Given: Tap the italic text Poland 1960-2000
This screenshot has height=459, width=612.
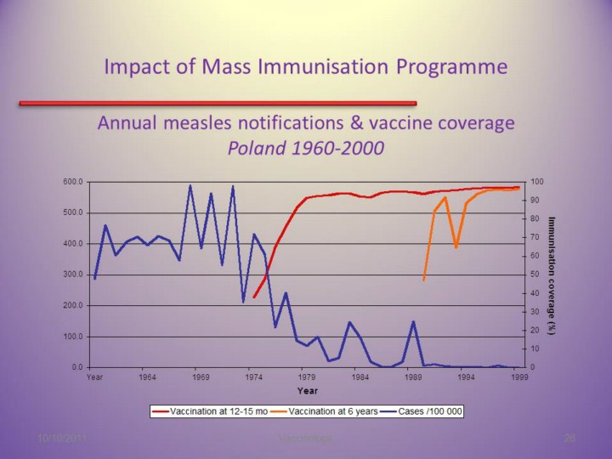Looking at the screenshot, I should coord(306,148).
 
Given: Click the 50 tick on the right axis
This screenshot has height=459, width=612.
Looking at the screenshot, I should coord(532,275).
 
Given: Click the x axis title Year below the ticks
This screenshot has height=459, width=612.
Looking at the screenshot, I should coord(307,390).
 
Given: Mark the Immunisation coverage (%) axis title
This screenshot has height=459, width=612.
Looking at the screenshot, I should coord(552,275).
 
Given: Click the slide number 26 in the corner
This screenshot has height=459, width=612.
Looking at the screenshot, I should coord(570,437).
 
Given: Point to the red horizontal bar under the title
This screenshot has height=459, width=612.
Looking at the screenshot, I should coord(217,103).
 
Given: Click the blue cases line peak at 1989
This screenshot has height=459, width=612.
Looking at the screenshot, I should coord(413,322).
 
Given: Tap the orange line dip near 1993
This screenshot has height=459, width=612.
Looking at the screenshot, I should coord(456,246).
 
